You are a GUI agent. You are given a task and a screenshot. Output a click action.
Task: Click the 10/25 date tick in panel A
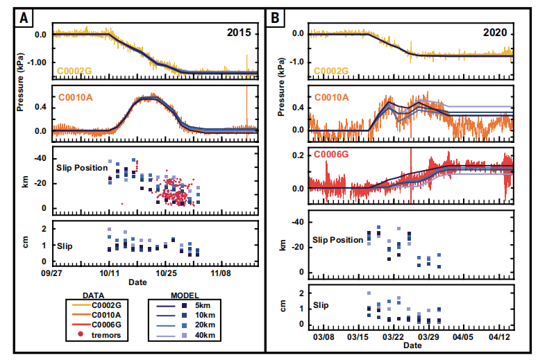tap(165, 273)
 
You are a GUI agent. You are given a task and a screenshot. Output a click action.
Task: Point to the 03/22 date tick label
tap(393, 336)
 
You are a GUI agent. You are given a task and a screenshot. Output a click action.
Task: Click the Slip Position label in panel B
tap(338, 240)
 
